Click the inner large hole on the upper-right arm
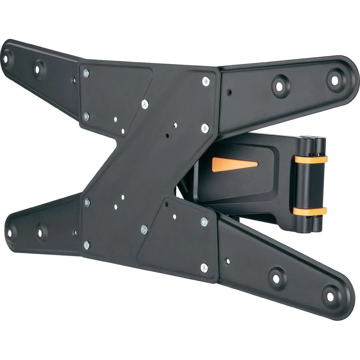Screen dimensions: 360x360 coord(279,86)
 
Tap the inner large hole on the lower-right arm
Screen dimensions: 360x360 coord(276,278)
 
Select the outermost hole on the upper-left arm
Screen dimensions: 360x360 coord(6,57)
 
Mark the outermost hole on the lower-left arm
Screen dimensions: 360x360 coord(8,231)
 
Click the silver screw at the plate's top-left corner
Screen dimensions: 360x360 coord(86,73)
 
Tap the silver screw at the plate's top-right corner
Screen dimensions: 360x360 coord(206,81)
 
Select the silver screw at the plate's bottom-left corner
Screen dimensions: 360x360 coord(87,246)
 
